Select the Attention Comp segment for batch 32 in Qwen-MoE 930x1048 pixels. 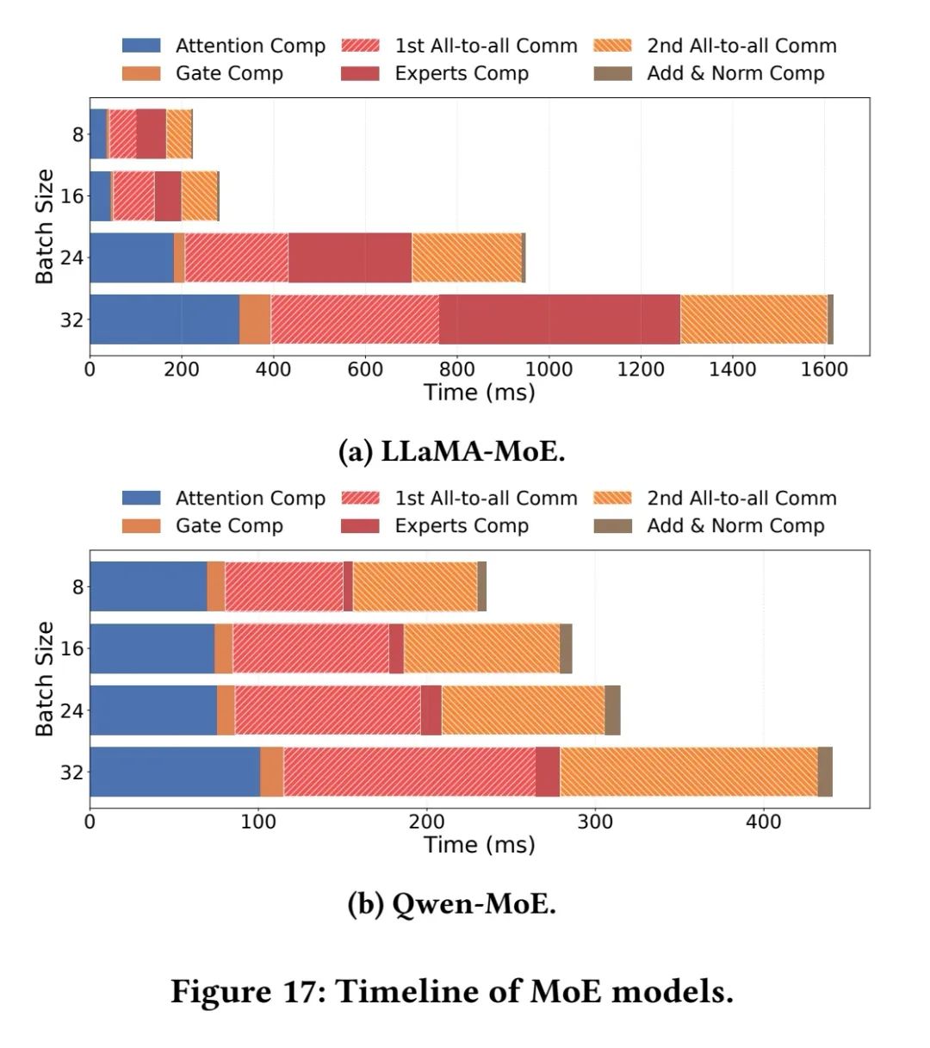(x=175, y=772)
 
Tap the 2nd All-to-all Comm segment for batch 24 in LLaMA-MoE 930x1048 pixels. (x=466, y=257)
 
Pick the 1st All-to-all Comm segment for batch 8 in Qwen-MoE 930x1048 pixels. (x=284, y=586)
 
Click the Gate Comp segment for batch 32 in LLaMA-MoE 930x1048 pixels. (x=255, y=319)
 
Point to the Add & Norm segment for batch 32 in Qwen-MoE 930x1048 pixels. (x=825, y=772)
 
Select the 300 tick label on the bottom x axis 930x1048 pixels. (x=595, y=822)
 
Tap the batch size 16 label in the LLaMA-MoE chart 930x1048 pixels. (x=72, y=196)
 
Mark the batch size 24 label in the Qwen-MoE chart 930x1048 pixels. (x=72, y=710)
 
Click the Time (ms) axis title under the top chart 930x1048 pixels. (x=479, y=393)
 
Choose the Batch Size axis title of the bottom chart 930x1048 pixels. (x=44, y=679)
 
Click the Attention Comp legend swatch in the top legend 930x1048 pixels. (x=141, y=46)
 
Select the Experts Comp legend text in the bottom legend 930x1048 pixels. (x=462, y=526)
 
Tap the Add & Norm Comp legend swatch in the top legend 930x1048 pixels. (x=612, y=73)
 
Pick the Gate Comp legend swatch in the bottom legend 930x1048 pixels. (x=141, y=526)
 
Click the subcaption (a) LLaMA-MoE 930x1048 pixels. (x=452, y=450)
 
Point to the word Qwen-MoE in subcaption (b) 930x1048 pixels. (x=474, y=903)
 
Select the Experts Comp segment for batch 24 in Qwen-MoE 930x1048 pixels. (x=431, y=710)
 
